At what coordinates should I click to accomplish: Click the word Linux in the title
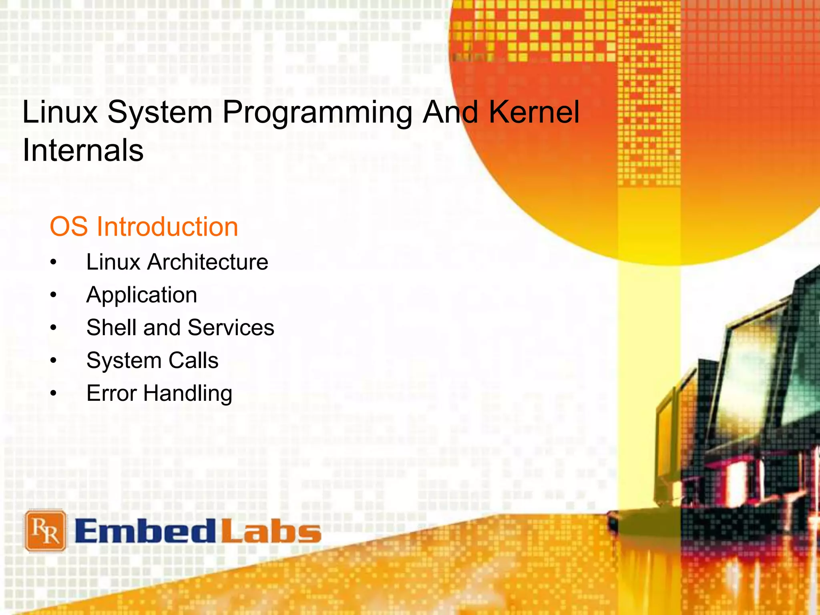coord(60,112)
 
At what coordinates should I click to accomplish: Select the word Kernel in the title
coord(534,112)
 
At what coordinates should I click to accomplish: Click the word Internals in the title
coord(83,150)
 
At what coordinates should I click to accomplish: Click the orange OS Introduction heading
coord(144,227)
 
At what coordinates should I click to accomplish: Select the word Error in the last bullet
coord(112,393)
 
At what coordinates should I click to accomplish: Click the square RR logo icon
coord(45,531)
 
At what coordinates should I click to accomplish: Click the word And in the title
coord(450,112)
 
